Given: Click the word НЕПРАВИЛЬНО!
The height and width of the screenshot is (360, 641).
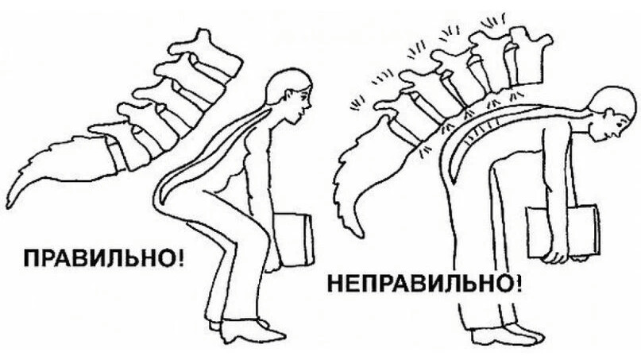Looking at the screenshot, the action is click(x=425, y=284).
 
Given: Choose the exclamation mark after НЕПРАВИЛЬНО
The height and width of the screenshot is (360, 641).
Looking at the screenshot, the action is click(x=518, y=284).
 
